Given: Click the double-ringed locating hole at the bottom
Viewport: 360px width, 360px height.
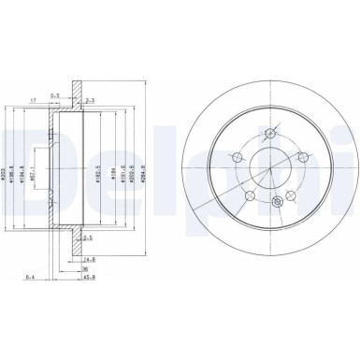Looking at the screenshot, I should coord(276,203).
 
